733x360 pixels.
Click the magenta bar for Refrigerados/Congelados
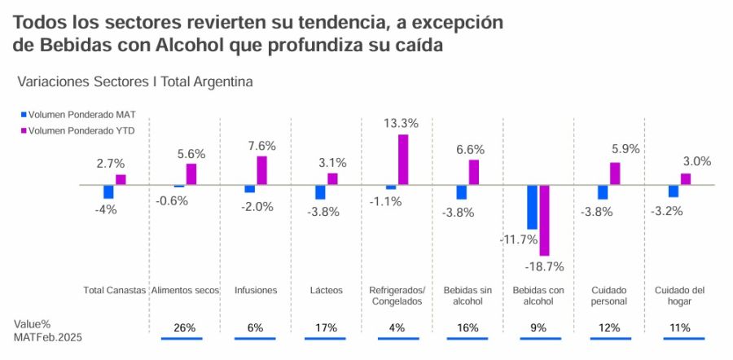[x=402, y=160]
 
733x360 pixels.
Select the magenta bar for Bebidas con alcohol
[x=544, y=220]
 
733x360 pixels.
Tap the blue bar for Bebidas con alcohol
[x=532, y=207]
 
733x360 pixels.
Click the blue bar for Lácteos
[x=320, y=192]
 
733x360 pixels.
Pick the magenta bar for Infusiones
[x=261, y=170]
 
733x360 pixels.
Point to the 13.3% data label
[x=401, y=124]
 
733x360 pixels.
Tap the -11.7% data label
[x=519, y=239]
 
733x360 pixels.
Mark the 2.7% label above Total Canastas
[x=111, y=164]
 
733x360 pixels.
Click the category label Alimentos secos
[x=185, y=290]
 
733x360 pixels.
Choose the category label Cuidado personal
[x=609, y=295]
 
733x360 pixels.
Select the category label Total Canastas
[x=115, y=290]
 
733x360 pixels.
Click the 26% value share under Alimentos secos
[x=185, y=328]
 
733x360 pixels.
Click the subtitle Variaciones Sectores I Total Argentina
[x=134, y=81]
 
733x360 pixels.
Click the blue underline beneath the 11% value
[x=678, y=338]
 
